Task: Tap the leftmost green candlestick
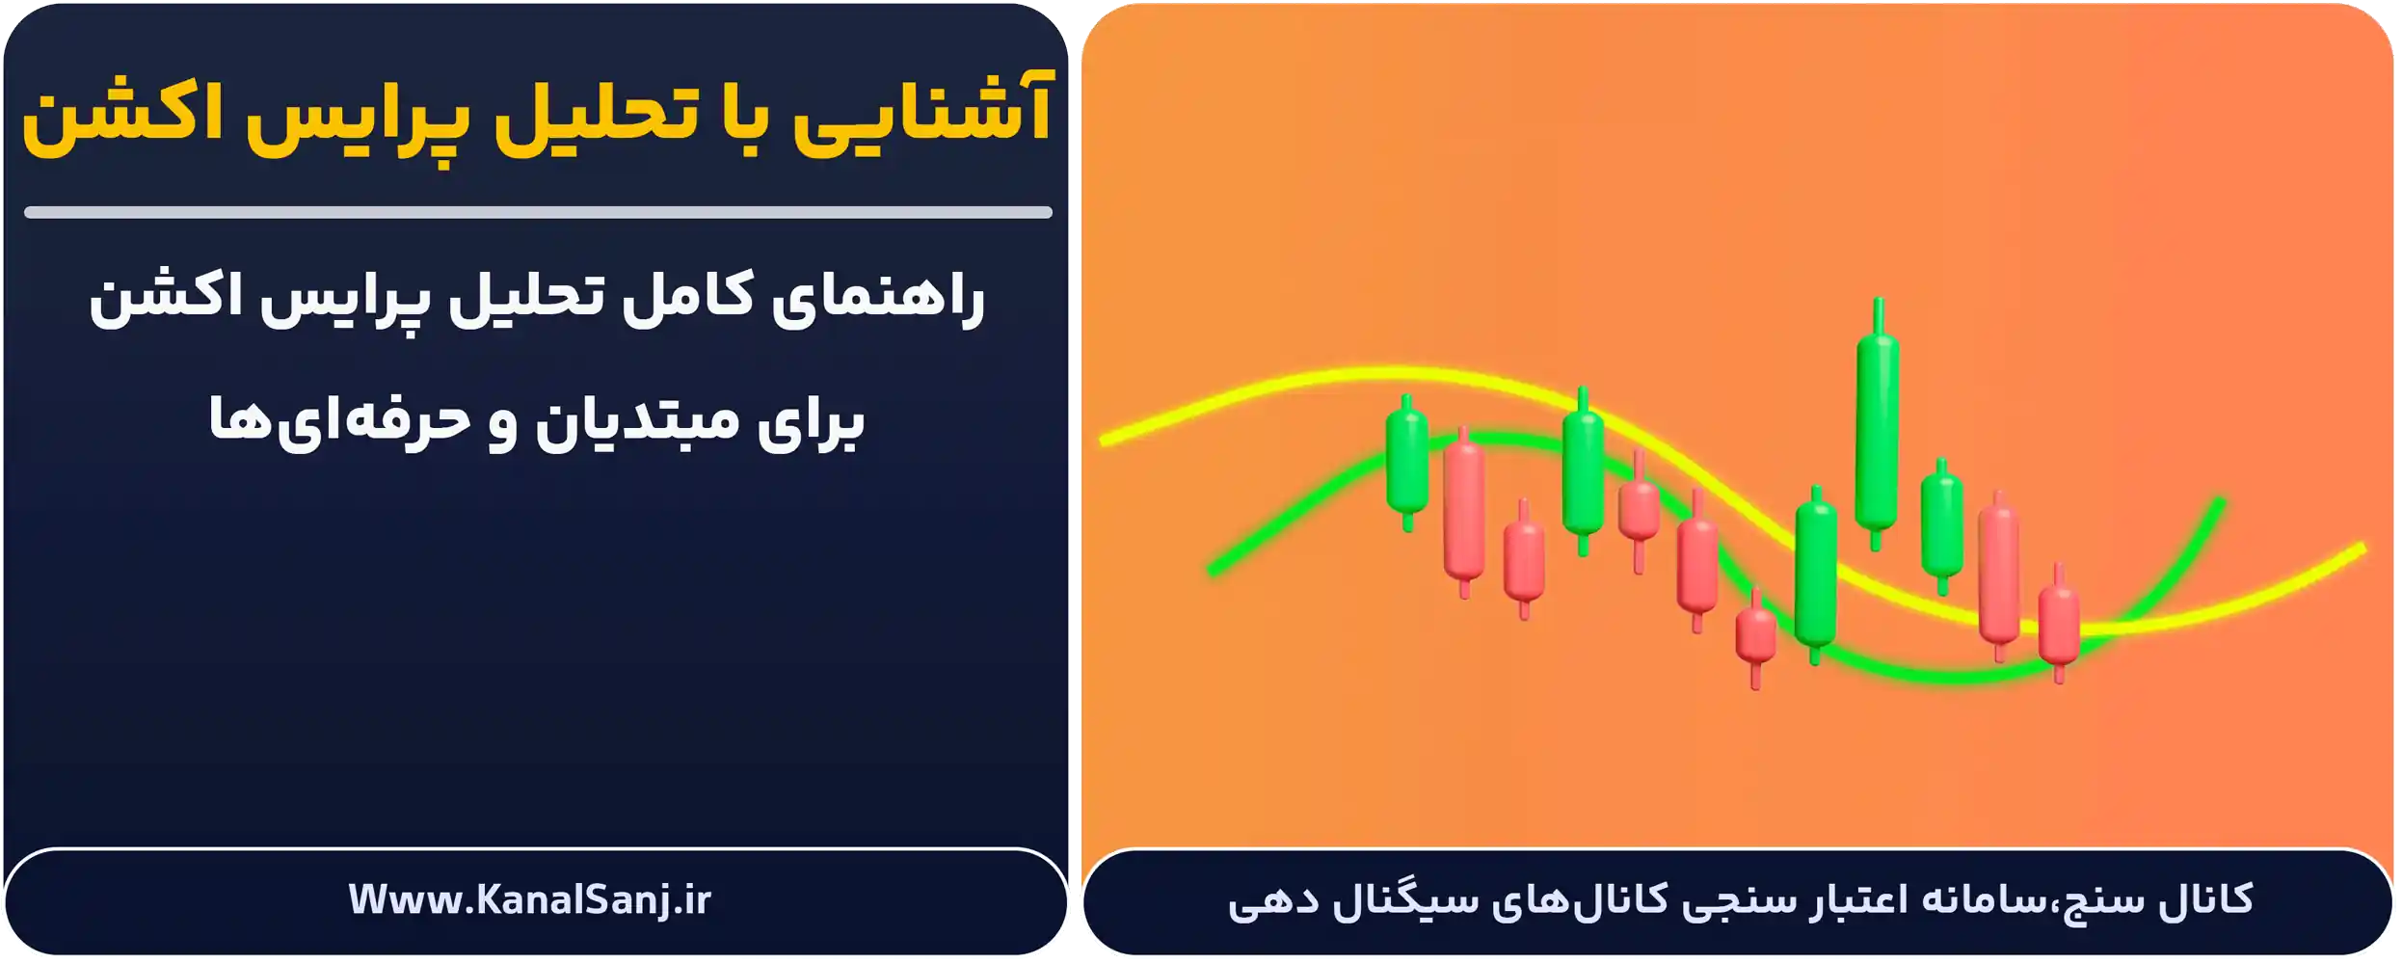click(1407, 461)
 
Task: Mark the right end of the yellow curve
click(2361, 549)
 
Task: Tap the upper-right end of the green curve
click(2221, 501)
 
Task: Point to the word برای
click(810, 424)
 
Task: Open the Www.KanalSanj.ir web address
click(529, 900)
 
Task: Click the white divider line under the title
click(537, 212)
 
